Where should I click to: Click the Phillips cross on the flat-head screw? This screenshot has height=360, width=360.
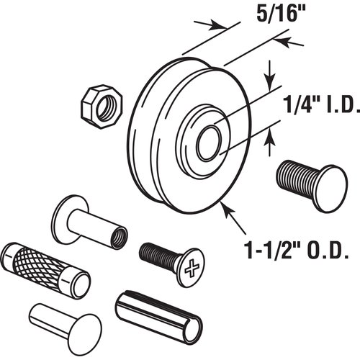click(x=193, y=270)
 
